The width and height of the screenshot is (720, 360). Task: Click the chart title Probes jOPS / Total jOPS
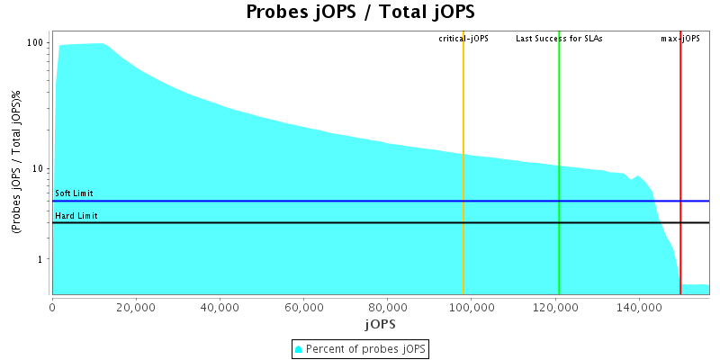tap(360, 13)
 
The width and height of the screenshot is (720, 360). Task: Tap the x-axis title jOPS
tap(380, 323)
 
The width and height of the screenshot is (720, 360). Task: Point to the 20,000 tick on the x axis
tap(136, 307)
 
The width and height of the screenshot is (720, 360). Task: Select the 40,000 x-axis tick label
tap(220, 307)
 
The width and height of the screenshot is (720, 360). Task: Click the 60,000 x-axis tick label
tap(303, 307)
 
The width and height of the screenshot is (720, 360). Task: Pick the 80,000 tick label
tap(387, 307)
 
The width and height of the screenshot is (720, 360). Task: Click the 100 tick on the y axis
tap(36, 43)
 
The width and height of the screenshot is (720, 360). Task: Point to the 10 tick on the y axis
tap(39, 169)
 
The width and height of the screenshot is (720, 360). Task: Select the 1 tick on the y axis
tap(41, 260)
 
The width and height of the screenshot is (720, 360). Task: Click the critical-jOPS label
tap(463, 39)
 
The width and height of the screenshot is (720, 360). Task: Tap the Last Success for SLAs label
tap(559, 39)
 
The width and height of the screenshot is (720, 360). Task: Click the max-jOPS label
tap(680, 39)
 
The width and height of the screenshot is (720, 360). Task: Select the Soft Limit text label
tap(74, 193)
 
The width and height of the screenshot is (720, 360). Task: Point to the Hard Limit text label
tap(76, 216)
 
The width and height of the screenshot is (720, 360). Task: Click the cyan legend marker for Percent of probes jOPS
tap(300, 348)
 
